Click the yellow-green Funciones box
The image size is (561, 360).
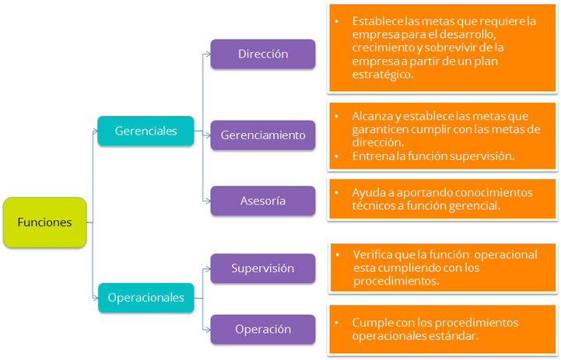44,222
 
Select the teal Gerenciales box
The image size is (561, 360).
146,131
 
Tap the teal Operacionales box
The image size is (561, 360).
146,298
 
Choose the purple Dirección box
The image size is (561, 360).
263,54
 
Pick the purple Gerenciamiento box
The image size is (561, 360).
263,135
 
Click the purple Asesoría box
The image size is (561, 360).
263,201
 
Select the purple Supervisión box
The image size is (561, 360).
263,268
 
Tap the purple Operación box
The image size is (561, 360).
263,329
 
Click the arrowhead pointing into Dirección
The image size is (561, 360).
208,54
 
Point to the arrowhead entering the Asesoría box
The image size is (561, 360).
208,201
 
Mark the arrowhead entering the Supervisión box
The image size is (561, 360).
208,269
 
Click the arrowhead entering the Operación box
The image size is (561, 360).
208,330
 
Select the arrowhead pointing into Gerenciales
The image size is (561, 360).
95,131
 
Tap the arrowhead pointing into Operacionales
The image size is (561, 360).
95,298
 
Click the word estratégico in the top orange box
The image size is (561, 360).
383,75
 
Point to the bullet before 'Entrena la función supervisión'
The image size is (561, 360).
336,156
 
